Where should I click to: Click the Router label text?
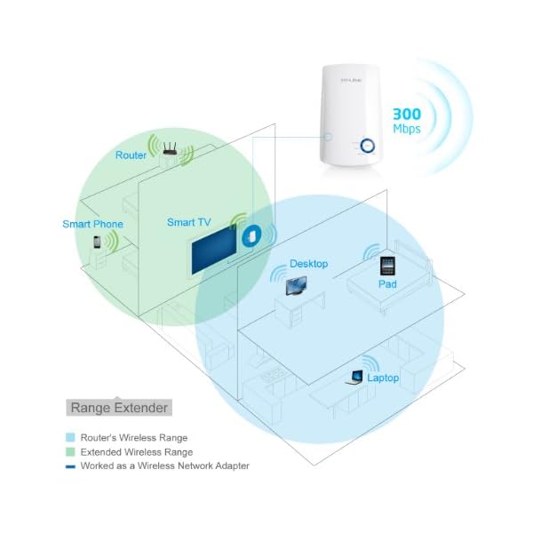point(131,155)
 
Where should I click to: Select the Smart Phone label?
point(92,224)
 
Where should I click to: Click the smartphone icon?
point(97,242)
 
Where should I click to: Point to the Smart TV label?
point(189,221)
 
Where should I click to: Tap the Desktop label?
point(309,264)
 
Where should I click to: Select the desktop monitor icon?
point(293,286)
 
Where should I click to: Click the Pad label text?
point(386,284)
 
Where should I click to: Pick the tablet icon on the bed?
point(387,266)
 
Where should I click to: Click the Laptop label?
point(384,378)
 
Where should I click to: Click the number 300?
point(409,114)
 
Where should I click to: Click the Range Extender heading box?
point(118,408)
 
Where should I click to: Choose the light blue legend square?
point(70,438)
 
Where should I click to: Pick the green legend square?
point(70,451)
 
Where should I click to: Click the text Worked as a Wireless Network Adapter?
point(164,465)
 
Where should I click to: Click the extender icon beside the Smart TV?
point(252,236)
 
